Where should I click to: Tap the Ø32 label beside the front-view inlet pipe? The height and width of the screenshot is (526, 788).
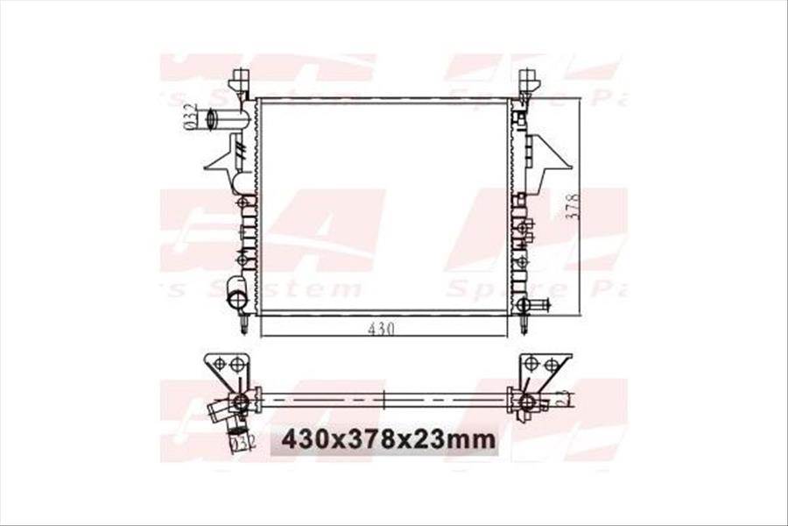[188, 117]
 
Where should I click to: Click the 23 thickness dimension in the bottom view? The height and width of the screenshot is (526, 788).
[565, 400]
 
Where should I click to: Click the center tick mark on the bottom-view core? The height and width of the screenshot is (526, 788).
[385, 400]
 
